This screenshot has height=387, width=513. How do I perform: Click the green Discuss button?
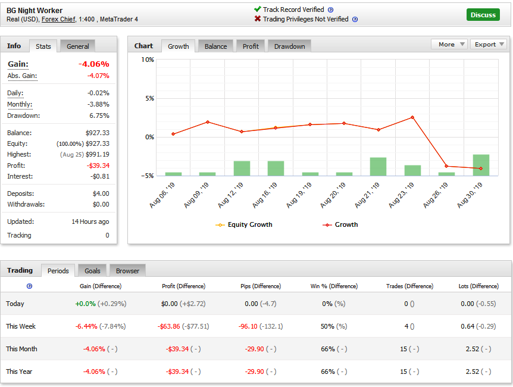(483, 15)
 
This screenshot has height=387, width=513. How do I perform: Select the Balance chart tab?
(215, 46)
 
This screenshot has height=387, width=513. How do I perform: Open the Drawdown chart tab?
(289, 46)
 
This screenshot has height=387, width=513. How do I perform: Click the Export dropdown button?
(489, 44)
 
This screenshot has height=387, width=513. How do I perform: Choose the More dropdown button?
(449, 44)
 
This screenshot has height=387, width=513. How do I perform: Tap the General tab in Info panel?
(78, 46)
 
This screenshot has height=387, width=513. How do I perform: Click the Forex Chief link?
(58, 19)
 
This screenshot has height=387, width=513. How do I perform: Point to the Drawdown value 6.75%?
(99, 116)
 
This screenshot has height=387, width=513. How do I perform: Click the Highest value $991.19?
(97, 154)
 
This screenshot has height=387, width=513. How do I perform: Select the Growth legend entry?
(346, 224)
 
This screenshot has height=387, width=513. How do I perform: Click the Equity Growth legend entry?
(249, 224)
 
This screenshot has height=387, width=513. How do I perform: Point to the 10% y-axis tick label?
(148, 60)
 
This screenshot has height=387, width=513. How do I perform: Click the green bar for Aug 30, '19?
(481, 165)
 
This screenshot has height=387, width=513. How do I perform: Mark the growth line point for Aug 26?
(446, 166)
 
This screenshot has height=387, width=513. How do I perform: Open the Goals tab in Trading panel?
(92, 271)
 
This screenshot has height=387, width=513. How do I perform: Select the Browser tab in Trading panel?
(127, 271)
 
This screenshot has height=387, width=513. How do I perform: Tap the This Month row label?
(21, 349)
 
